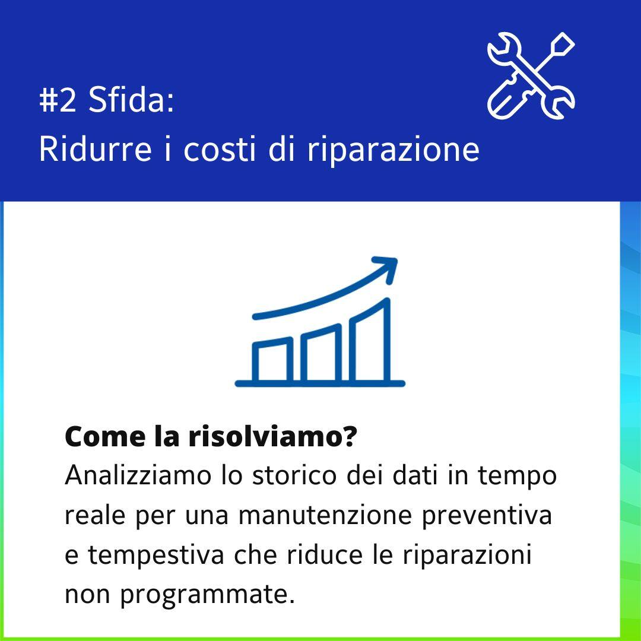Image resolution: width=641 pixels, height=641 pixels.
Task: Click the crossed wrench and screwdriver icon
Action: [531, 75]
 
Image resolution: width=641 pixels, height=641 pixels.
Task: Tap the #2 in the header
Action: [58, 100]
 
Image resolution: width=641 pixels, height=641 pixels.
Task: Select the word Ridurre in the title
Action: [95, 148]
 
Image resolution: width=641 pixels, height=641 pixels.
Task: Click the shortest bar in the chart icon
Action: [272, 360]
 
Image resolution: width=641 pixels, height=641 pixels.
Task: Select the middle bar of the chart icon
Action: [321, 353]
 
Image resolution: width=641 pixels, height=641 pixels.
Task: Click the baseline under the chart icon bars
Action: [320, 383]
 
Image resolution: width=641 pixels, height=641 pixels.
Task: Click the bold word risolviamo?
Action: [272, 437]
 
